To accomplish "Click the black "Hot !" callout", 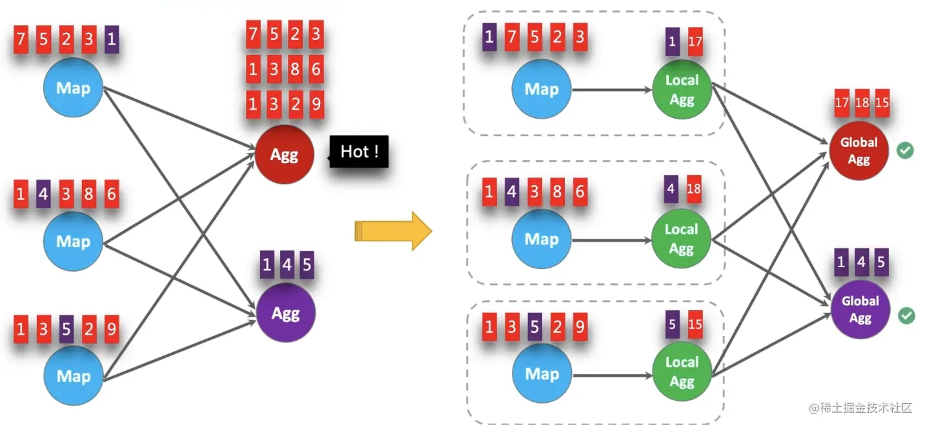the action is [360, 152].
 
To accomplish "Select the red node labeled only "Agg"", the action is [285, 155].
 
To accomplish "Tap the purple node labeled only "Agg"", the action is [285, 313].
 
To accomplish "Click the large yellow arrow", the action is [392, 230].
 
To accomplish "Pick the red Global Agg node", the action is [859, 151].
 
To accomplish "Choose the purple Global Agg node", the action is [860, 310].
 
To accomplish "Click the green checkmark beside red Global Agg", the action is [906, 151].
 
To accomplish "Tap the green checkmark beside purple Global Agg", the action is [906, 315].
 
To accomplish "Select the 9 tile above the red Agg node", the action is [316, 104].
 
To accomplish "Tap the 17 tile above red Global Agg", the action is [842, 103].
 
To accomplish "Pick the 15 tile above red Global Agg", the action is [882, 103].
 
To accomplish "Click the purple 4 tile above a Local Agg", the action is [672, 190].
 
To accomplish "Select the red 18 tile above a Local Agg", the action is [694, 190].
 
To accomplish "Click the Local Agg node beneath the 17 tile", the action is [682, 90].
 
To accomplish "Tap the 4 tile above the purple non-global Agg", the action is [287, 265].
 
